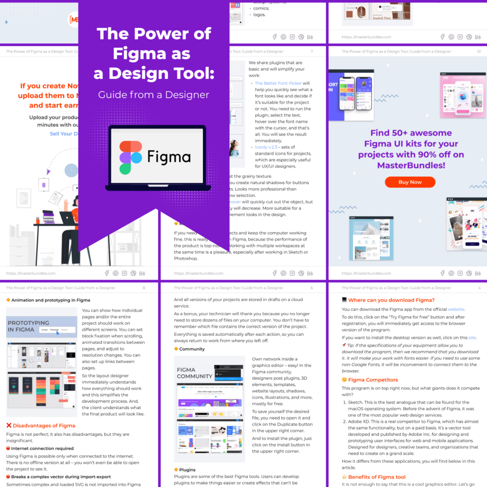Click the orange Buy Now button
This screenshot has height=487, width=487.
[409, 182]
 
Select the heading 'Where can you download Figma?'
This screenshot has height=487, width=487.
[391, 300]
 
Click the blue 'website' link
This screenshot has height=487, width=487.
[456, 309]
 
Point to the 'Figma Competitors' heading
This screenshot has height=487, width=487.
[373, 380]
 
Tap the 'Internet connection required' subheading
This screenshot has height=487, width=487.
[42, 448]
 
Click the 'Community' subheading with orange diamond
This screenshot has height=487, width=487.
[192, 349]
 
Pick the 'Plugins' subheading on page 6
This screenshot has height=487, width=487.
[187, 469]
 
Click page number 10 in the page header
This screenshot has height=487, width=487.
[478, 51]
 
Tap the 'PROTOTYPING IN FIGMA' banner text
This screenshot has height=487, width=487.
[29, 326]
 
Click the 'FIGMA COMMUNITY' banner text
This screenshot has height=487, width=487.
[195, 373]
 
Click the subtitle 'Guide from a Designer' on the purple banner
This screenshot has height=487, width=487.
[154, 95]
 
